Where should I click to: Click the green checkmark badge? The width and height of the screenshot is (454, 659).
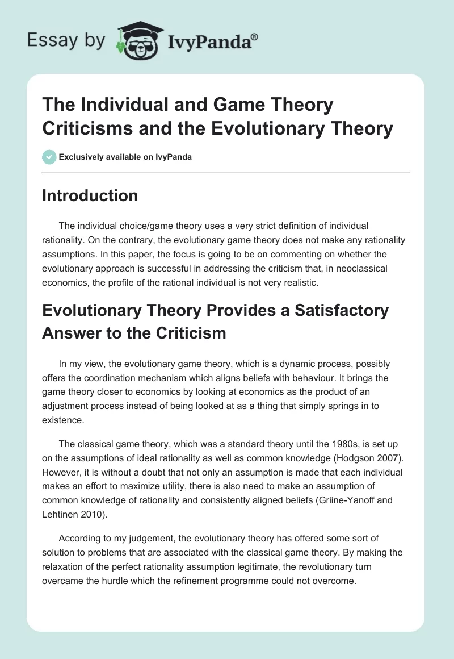pyautogui.click(x=49, y=157)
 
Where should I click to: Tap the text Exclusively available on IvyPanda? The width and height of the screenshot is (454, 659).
pyautogui.click(x=126, y=157)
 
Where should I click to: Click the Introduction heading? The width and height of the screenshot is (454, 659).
pyautogui.click(x=90, y=195)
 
